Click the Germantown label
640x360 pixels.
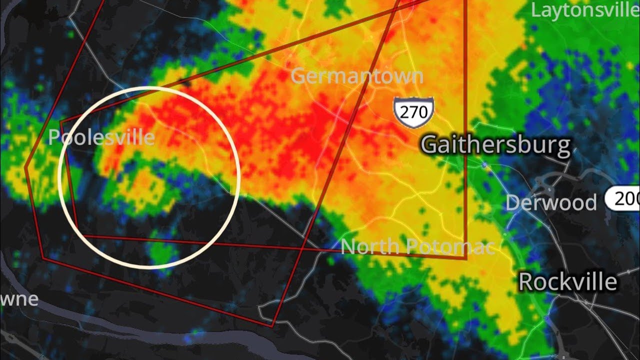tap(356, 76)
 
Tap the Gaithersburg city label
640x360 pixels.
tap(495, 145)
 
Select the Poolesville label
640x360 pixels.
tap(101, 137)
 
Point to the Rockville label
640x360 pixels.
tap(567, 282)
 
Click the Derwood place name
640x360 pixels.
tap(551, 203)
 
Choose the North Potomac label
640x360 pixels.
tap(417, 246)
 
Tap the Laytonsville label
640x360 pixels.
tap(585, 10)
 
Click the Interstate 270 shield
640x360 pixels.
tap(413, 112)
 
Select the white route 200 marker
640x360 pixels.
tap(622, 199)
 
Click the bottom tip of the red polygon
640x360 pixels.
tap(273, 326)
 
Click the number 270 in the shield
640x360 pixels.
tap(413, 111)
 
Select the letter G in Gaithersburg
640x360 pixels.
tap(430, 145)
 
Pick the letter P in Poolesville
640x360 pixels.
tap(53, 137)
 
